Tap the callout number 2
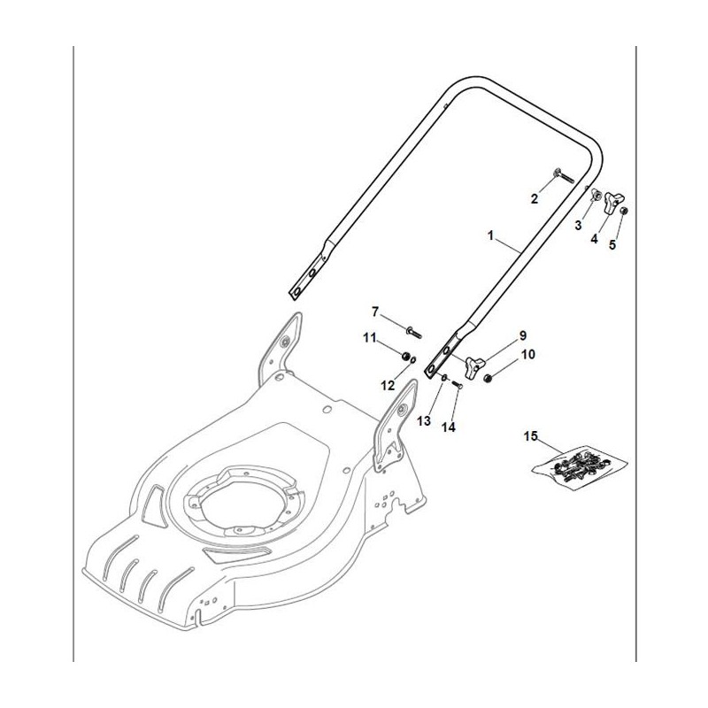535,199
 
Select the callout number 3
578,226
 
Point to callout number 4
595,239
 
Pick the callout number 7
374,312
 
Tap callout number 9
522,335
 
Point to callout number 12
385,384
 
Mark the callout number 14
449,427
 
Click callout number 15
531,436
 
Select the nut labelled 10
489,379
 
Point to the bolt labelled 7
414,331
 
